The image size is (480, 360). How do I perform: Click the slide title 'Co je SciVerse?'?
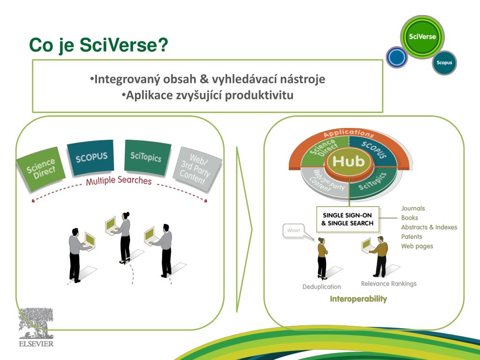[x=98, y=46]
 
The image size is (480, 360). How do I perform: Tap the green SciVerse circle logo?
[x=422, y=37]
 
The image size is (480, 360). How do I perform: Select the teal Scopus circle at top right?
[x=444, y=62]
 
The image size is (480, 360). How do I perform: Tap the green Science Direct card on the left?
[x=41, y=168]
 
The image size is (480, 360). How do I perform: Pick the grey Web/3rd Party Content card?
[x=196, y=168]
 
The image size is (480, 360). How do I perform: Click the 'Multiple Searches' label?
[x=119, y=180]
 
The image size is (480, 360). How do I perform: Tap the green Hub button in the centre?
[x=348, y=162]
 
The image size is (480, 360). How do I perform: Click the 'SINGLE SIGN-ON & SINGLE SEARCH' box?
[x=347, y=219]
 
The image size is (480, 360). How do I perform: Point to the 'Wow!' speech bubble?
[x=294, y=230]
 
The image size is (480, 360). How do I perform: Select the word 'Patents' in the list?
[x=412, y=237]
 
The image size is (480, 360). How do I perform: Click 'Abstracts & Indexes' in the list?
[x=429, y=227]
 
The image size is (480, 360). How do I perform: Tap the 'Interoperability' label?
[x=359, y=299]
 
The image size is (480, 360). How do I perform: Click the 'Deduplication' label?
[x=322, y=286]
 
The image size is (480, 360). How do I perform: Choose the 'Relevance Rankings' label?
[x=389, y=284]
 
